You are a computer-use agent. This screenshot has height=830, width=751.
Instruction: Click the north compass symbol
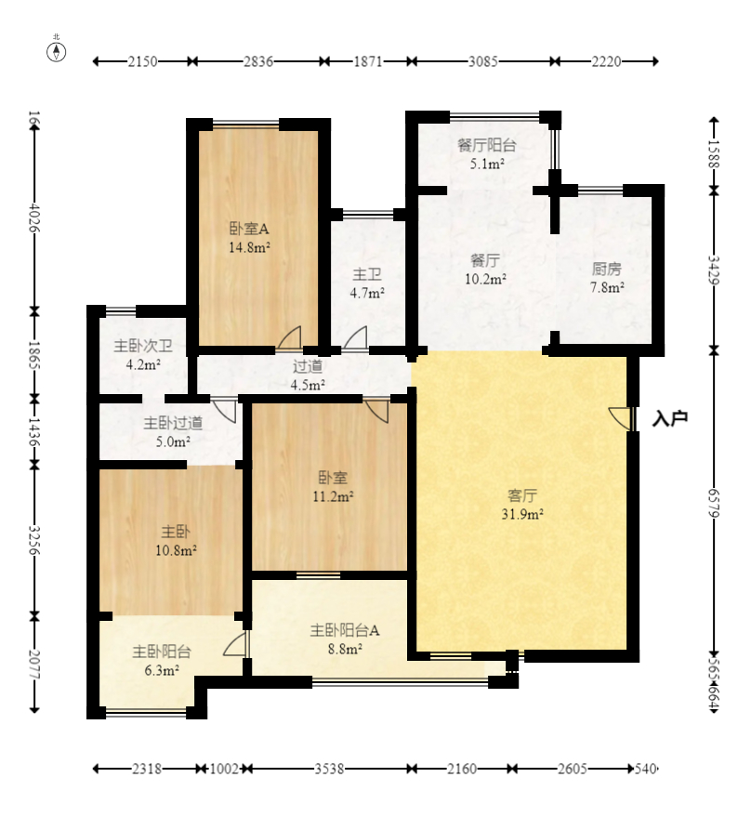[57, 51]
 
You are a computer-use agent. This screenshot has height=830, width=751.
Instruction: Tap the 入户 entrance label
[670, 418]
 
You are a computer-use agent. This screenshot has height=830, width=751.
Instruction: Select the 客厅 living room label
[522, 495]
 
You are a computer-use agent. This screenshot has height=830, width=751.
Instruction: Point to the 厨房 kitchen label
[607, 269]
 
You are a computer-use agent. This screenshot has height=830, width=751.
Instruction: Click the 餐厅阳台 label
[487, 145]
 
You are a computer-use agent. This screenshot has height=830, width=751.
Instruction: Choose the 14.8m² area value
[250, 247]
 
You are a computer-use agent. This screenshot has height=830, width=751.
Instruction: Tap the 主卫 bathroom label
[367, 274]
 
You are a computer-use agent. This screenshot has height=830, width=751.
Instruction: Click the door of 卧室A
[289, 337]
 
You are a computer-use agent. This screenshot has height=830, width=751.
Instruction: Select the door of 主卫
[355, 337]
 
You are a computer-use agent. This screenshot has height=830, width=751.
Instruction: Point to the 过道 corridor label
[308, 366]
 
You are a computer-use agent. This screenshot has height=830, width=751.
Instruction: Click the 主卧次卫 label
[143, 346]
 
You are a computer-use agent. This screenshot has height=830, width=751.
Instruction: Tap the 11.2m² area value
[334, 496]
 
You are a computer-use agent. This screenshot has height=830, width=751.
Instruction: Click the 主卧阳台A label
[345, 630]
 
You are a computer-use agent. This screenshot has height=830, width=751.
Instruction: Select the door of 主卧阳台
[236, 644]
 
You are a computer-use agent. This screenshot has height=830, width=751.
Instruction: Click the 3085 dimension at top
[483, 61]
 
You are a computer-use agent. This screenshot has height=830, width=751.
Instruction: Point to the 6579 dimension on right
[714, 503]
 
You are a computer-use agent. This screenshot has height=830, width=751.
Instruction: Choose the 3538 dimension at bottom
[329, 768]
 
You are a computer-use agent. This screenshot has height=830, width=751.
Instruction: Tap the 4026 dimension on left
[34, 217]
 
